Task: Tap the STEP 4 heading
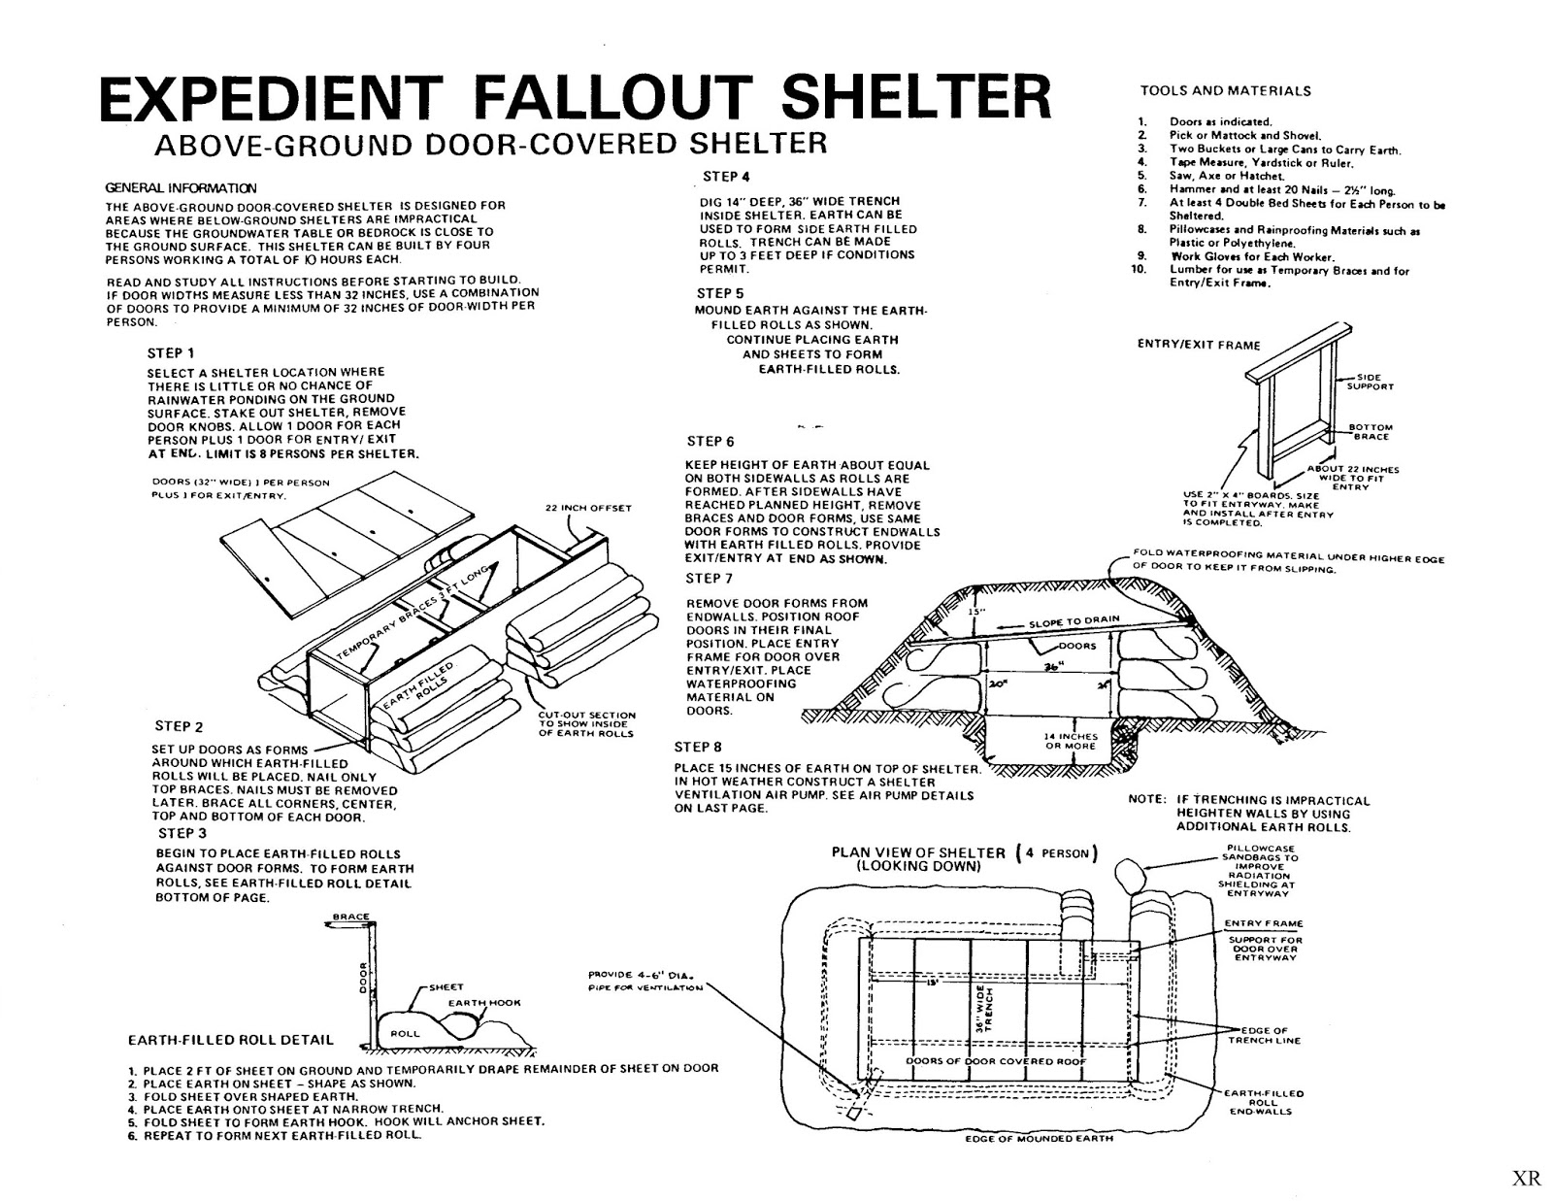pyautogui.click(x=726, y=177)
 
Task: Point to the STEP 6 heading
pyautogui.click(x=710, y=442)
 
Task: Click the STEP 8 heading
pyautogui.click(x=698, y=748)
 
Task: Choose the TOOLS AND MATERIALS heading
pyautogui.click(x=1225, y=91)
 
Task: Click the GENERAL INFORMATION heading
pyautogui.click(x=182, y=187)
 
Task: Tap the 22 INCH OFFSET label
pyautogui.click(x=588, y=508)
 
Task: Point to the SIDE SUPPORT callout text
pyautogui.click(x=1370, y=382)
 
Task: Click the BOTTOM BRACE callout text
pyautogui.click(x=1371, y=432)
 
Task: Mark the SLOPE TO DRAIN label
pyautogui.click(x=1074, y=621)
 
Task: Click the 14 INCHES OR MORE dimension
pyautogui.click(x=1071, y=741)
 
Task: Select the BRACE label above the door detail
pyautogui.click(x=351, y=917)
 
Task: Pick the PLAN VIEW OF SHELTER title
pyautogui.click(x=918, y=853)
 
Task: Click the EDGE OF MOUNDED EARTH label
pyautogui.click(x=1040, y=1138)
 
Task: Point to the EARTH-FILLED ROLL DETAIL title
pyautogui.click(x=230, y=1040)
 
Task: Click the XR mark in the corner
pyautogui.click(x=1527, y=1179)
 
